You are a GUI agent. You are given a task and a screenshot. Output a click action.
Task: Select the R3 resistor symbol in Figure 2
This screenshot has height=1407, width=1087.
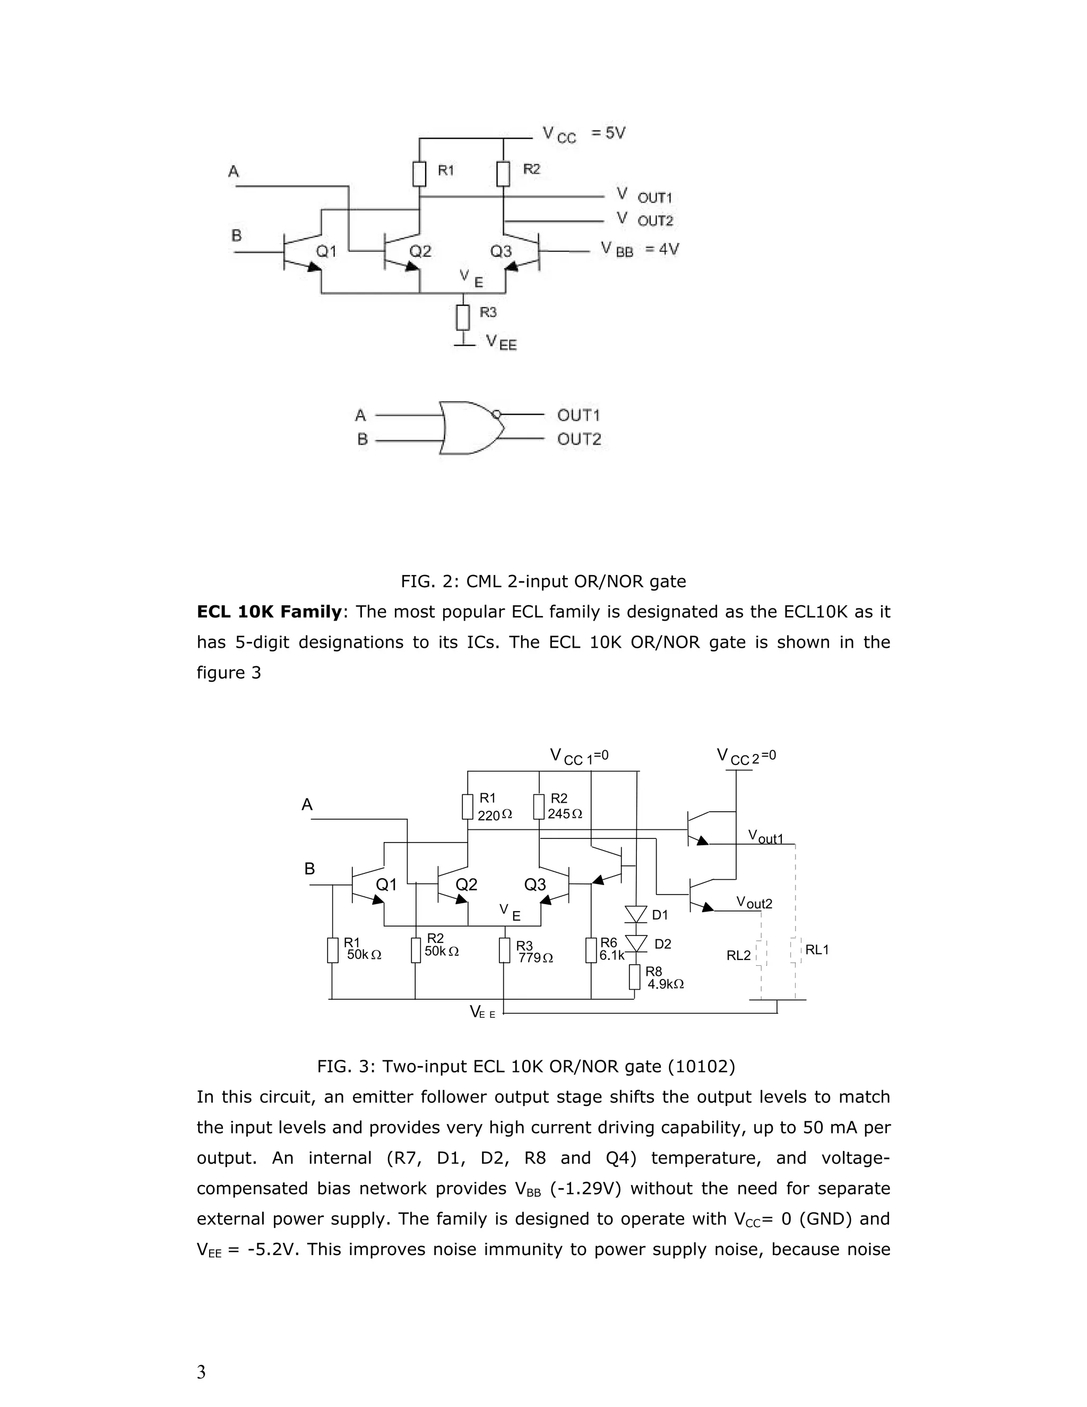point(462,317)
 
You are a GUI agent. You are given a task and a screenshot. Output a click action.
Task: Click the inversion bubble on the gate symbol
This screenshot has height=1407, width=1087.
point(496,414)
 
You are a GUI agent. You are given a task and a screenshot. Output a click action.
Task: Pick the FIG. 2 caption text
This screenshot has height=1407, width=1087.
point(543,582)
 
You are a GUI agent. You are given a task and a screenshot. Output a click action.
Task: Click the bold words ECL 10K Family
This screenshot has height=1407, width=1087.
point(269,612)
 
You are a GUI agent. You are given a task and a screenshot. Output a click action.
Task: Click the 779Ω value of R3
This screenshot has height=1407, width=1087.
point(536,958)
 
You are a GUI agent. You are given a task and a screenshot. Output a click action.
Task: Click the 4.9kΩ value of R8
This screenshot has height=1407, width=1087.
point(665,984)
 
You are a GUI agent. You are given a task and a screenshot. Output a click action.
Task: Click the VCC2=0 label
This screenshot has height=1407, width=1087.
point(746,756)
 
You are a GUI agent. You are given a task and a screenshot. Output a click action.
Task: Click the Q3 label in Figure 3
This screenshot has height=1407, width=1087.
point(535,885)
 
